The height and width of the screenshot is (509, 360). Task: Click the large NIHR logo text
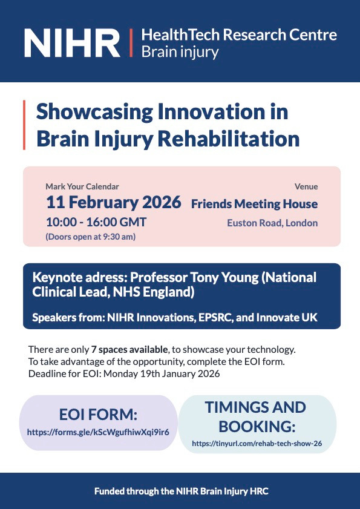pyautogui.click(x=73, y=43)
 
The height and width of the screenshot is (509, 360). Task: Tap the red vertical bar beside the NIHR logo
pyautogui.click(x=131, y=43)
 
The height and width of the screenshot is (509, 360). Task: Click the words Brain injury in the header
pyautogui.click(x=180, y=52)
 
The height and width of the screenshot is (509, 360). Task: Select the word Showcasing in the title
pyautogui.click(x=94, y=113)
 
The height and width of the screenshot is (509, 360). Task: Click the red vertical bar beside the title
pyautogui.click(x=24, y=125)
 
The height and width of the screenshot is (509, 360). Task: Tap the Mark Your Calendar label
pyautogui.click(x=82, y=186)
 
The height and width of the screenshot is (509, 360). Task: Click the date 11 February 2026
pyautogui.click(x=114, y=203)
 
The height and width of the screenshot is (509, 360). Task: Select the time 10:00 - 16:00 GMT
pyautogui.click(x=96, y=223)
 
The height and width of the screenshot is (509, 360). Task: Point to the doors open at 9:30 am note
pyautogui.click(x=91, y=237)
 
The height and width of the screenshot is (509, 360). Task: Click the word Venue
pyautogui.click(x=306, y=186)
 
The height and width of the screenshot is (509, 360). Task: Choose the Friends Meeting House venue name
pyautogui.click(x=255, y=204)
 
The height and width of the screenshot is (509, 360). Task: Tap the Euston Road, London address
pyautogui.click(x=272, y=223)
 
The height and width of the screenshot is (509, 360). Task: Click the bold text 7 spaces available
pyautogui.click(x=129, y=350)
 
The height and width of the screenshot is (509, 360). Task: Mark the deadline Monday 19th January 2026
pyautogui.click(x=162, y=373)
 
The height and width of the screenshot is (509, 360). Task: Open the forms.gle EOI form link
pyautogui.click(x=98, y=432)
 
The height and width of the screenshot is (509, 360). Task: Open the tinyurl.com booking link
pyautogui.click(x=257, y=443)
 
